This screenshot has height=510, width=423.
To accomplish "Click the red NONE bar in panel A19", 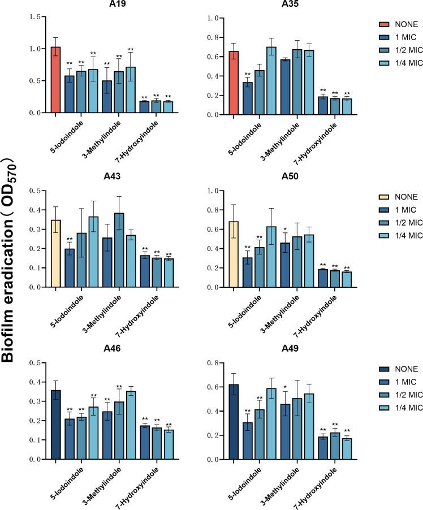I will click(x=55, y=80).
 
